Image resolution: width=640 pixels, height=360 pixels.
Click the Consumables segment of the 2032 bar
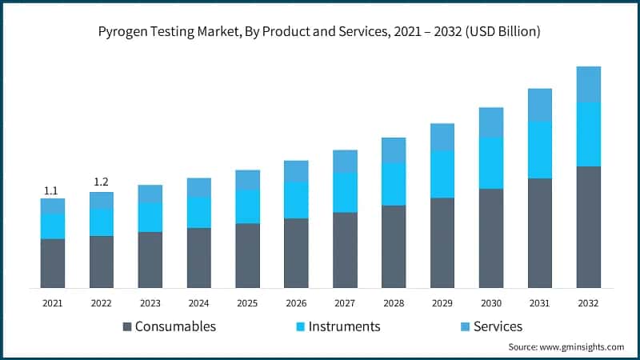pos(589,227)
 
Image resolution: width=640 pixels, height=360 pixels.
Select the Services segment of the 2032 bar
pos(589,84)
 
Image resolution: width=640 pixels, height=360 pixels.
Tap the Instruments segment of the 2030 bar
pos(491,162)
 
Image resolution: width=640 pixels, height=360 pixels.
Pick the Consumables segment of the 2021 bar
pos(53,263)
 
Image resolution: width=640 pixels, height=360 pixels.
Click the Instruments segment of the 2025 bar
pos(247,206)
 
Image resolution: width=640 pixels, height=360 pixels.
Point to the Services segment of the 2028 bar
pos(394,150)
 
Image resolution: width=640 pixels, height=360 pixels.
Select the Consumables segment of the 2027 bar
pos(345,250)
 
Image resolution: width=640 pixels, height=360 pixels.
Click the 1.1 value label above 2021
pos(51,190)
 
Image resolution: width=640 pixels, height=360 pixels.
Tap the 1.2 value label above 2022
pos(101,182)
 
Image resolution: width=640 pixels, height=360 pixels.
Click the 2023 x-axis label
pos(150,303)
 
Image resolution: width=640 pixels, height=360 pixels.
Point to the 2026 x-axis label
pos(296,303)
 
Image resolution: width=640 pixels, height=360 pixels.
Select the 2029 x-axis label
pos(442,303)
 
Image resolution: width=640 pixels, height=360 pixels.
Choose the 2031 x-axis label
pos(540,303)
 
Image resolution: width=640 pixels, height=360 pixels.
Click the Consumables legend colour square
pos(126,326)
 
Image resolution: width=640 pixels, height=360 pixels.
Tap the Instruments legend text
pos(345,326)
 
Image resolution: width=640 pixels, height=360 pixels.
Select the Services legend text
pos(498,326)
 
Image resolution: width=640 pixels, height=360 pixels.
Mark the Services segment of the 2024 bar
pos(198,187)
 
